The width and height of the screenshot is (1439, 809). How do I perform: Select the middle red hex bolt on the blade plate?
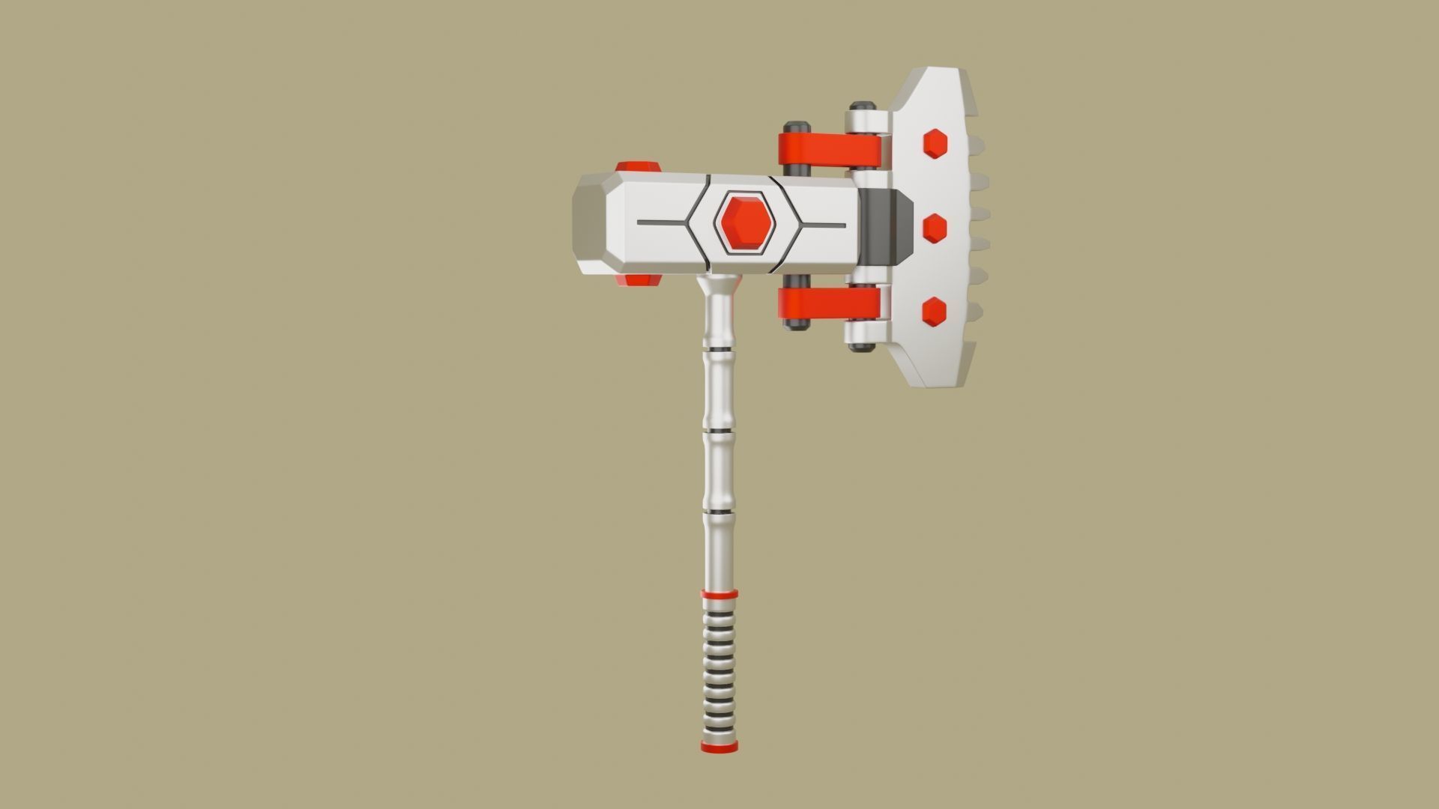[x=935, y=227]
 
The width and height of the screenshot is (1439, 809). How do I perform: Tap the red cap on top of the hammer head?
[x=638, y=167]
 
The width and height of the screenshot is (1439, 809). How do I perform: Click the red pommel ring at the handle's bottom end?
[x=719, y=747]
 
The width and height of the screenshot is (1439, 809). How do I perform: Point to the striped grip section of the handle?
[x=719, y=670]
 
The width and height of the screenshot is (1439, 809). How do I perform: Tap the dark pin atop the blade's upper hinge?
[x=863, y=106]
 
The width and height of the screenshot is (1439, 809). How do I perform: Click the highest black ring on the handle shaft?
[x=718, y=350]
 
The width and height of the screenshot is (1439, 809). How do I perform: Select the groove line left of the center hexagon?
[x=663, y=223]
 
